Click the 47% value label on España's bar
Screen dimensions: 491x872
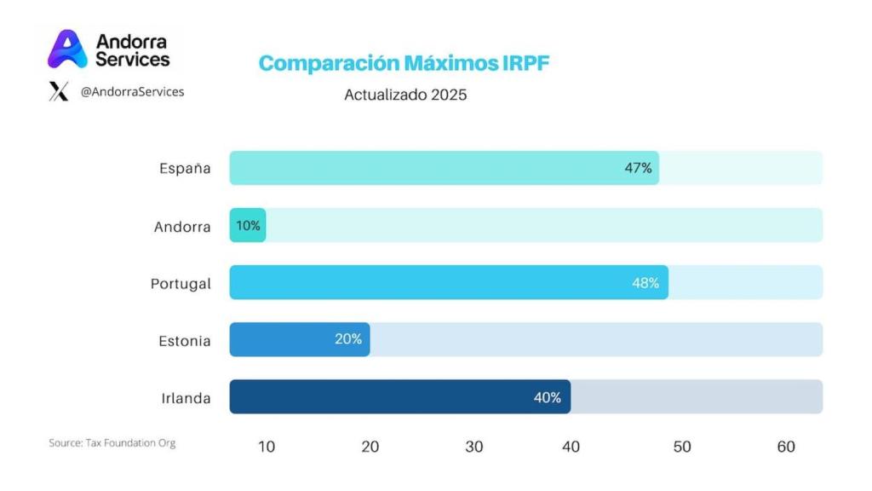pyautogui.click(x=638, y=168)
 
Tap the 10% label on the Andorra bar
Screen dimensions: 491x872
pyautogui.click(x=249, y=226)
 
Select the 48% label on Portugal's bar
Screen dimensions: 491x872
pyautogui.click(x=645, y=283)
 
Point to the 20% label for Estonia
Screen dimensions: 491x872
pyautogui.click(x=347, y=339)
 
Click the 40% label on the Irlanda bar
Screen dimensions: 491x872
pyautogui.click(x=547, y=397)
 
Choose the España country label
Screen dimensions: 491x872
pyautogui.click(x=185, y=168)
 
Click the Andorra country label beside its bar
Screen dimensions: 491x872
pyautogui.click(x=182, y=227)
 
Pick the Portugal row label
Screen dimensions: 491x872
pyautogui.click(x=181, y=284)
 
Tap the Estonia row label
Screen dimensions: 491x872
pyautogui.click(x=184, y=341)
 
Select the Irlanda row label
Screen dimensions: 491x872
pyautogui.click(x=186, y=398)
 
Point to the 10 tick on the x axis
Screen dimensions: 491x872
pyautogui.click(x=267, y=447)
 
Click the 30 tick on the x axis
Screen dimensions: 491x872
pyautogui.click(x=474, y=447)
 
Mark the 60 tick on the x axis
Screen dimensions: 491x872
pyautogui.click(x=786, y=447)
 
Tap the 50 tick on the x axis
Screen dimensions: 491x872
pyautogui.click(x=682, y=447)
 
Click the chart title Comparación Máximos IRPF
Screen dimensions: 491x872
pyautogui.click(x=404, y=64)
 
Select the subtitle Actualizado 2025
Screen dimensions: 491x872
pyautogui.click(x=405, y=95)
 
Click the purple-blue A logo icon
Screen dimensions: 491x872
pyautogui.click(x=66, y=49)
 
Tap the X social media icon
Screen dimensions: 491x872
pyautogui.click(x=59, y=92)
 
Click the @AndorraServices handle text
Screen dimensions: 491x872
pyautogui.click(x=132, y=91)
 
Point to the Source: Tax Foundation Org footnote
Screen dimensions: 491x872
pyautogui.click(x=112, y=443)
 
